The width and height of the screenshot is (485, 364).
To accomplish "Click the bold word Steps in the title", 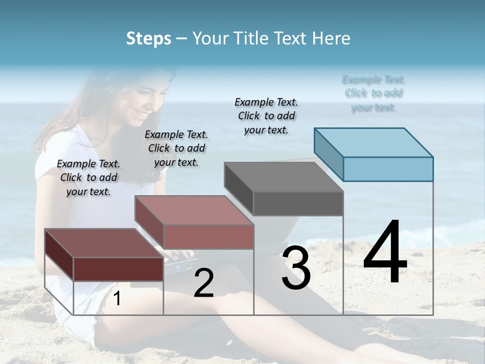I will [149, 38].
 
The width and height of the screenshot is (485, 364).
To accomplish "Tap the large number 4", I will [385, 253].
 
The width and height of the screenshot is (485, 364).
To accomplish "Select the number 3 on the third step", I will [296, 268].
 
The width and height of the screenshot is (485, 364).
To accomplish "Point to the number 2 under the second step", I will [204, 284].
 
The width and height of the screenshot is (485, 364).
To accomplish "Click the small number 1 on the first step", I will [117, 299].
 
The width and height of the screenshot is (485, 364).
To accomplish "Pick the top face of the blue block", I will [373, 143].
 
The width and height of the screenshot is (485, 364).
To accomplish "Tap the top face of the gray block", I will [283, 177].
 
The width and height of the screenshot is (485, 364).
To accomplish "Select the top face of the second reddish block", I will [193, 210].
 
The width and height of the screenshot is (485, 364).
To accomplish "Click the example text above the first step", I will [88, 177].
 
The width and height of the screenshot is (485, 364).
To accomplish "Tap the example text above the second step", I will [176, 148].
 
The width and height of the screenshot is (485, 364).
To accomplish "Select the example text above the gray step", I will [266, 116].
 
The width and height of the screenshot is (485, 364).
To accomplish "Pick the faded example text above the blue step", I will [374, 94].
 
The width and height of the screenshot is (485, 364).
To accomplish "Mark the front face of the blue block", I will [388, 169].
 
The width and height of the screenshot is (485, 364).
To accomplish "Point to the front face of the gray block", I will [298, 203].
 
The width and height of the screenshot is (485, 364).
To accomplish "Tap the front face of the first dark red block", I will [118, 269].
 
